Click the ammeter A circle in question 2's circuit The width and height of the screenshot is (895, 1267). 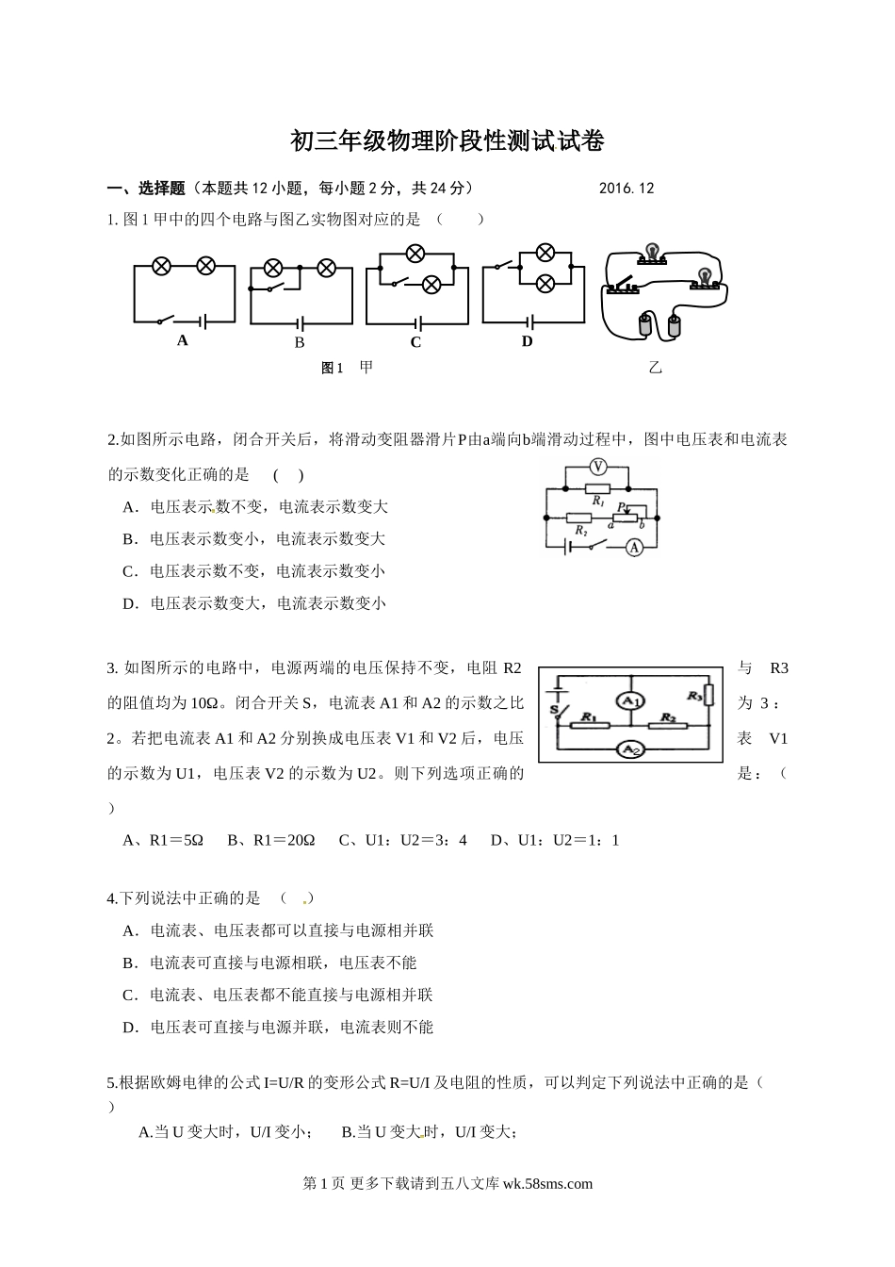click(x=635, y=547)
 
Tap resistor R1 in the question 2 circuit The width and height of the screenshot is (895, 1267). click(x=597, y=489)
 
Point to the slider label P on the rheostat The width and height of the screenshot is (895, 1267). click(x=621, y=507)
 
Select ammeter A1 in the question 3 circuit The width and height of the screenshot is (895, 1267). click(x=629, y=701)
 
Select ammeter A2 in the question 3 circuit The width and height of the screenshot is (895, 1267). click(x=629, y=749)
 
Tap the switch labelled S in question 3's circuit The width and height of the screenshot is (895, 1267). click(x=558, y=709)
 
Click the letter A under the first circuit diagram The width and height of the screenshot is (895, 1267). click(x=183, y=340)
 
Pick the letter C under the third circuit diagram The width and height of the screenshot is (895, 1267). click(x=415, y=342)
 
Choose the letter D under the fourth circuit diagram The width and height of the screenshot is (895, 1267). click(x=528, y=341)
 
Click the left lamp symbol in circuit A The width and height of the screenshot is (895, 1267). click(x=161, y=267)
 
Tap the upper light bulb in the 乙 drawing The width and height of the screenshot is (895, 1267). click(x=649, y=254)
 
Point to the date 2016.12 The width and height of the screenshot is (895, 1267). click(x=626, y=188)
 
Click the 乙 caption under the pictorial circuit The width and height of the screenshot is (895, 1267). click(x=655, y=368)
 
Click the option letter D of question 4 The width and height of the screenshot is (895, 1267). click(x=130, y=1027)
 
